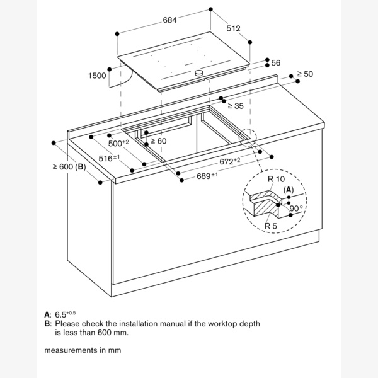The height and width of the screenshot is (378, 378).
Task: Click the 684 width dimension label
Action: coord(169,20)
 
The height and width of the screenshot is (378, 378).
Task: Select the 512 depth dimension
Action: coord(233,28)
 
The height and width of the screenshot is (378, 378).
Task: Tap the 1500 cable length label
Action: coord(97,76)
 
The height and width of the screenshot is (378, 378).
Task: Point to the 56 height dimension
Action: coord(276,63)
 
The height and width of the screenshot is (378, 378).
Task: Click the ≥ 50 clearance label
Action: coord(305,74)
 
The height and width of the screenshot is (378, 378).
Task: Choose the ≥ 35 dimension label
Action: coord(236,106)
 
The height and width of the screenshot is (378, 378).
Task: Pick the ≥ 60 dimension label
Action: coord(158,140)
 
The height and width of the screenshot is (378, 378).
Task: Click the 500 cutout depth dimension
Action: coord(118,143)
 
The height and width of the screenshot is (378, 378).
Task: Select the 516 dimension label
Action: coord(109,158)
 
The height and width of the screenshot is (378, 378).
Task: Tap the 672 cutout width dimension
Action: coord(230,161)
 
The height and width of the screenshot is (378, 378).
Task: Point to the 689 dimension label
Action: coord(207,176)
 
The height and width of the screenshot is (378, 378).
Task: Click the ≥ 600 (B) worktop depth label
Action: coord(69,166)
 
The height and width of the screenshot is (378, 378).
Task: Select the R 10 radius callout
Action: coord(277,179)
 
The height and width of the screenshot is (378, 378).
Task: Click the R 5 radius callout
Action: coord(271,226)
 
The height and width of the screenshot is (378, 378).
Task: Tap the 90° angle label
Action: coord(296,209)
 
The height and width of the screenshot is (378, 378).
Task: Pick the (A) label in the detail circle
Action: coord(289,190)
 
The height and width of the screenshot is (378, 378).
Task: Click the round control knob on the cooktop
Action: coord(199,72)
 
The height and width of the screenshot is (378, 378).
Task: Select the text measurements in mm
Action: coord(83,350)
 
